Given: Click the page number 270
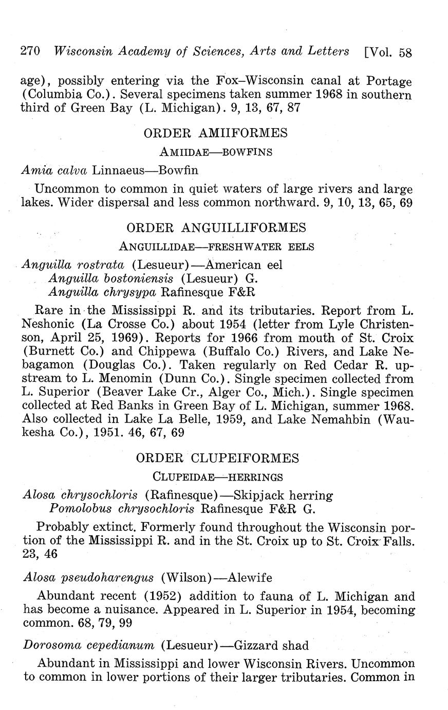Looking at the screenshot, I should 30,51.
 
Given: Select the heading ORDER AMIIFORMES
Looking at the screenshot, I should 215,133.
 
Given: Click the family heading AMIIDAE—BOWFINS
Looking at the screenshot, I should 216,152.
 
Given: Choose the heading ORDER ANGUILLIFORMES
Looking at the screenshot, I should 216,228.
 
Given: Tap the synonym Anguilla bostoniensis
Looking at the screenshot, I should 111,279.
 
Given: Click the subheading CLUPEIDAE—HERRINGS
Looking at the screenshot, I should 218,477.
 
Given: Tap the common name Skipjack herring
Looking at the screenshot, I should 283,495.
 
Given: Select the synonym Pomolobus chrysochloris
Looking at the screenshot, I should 122,509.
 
